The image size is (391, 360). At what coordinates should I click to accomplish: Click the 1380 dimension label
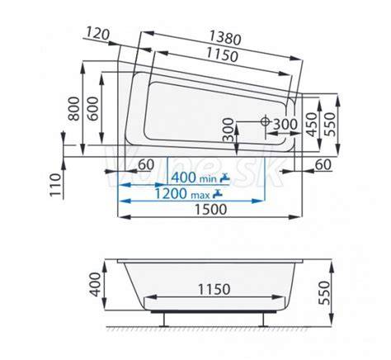click(225, 37)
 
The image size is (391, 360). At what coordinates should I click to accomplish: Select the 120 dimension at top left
click(97, 34)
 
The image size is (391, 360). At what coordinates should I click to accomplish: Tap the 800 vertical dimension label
click(73, 108)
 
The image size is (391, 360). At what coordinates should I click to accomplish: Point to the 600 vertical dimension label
click(93, 108)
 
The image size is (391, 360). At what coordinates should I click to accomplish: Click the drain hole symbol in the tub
click(265, 121)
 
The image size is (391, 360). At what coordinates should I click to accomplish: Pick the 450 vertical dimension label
click(312, 125)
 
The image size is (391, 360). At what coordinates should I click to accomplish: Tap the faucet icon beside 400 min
click(225, 178)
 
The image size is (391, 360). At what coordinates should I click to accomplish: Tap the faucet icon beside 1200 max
click(218, 194)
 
